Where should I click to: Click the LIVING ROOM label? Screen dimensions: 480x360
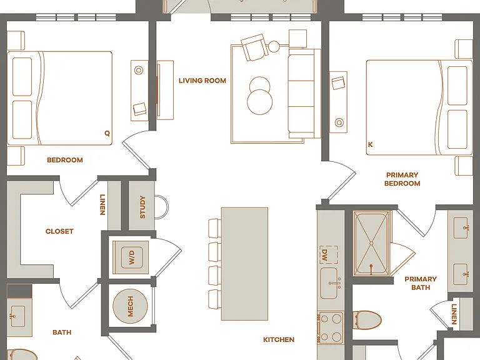(202, 81)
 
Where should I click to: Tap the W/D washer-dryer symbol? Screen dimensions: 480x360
(131, 257)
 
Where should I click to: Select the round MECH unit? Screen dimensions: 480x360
(130, 306)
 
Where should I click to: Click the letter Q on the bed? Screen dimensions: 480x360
(107, 133)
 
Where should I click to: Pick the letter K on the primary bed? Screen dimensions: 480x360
(371, 144)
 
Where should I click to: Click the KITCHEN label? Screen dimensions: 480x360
(279, 339)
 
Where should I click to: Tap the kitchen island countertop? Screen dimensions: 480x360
(244, 264)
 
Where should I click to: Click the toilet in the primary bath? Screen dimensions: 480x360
(367, 320)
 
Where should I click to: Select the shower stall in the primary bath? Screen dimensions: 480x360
(371, 243)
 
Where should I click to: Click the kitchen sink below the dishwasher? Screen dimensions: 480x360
(329, 284)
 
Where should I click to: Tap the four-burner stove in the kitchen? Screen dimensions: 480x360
(330, 328)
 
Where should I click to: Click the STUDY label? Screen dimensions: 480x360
(142, 207)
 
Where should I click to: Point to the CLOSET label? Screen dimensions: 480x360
(59, 231)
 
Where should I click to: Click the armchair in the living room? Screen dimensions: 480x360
(254, 47)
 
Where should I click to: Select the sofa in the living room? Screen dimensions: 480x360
(304, 94)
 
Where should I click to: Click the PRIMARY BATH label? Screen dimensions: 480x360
(421, 283)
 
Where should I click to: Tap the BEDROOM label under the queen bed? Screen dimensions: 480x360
(65, 160)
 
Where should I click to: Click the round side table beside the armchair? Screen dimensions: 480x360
(274, 46)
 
